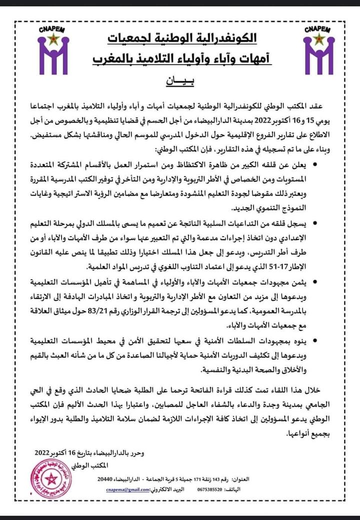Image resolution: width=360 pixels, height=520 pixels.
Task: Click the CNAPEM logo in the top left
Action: click(53, 48)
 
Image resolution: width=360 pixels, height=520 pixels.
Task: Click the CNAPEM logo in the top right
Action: click(318, 48)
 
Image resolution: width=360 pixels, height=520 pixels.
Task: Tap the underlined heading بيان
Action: click(179, 80)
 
